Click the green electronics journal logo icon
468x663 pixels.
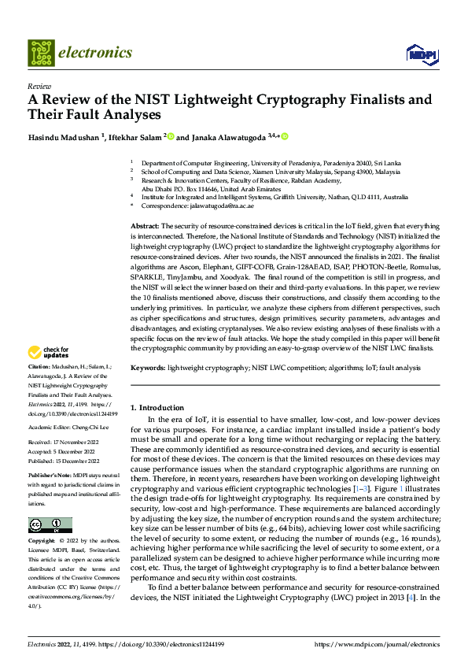[42, 53]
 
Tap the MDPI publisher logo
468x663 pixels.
[420, 53]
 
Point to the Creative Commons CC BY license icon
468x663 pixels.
[50, 524]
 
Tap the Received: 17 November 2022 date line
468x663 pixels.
[62, 442]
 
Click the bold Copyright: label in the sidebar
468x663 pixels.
[42, 541]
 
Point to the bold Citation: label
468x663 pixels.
[39, 368]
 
